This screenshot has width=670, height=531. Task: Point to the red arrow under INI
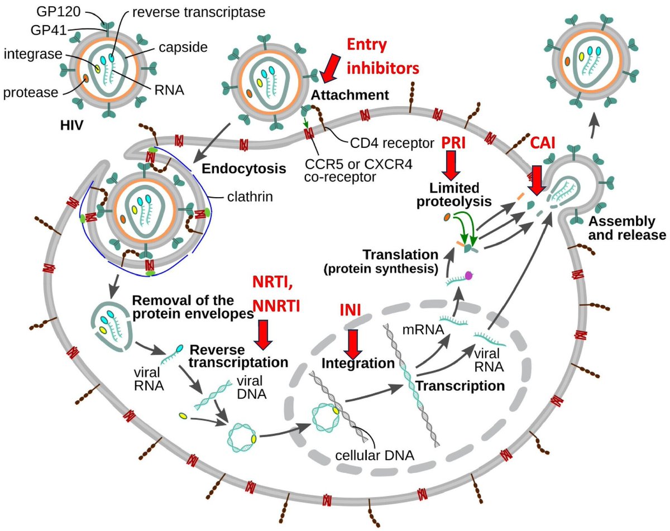(x=352, y=343)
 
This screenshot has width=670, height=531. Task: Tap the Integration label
(x=358, y=363)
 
